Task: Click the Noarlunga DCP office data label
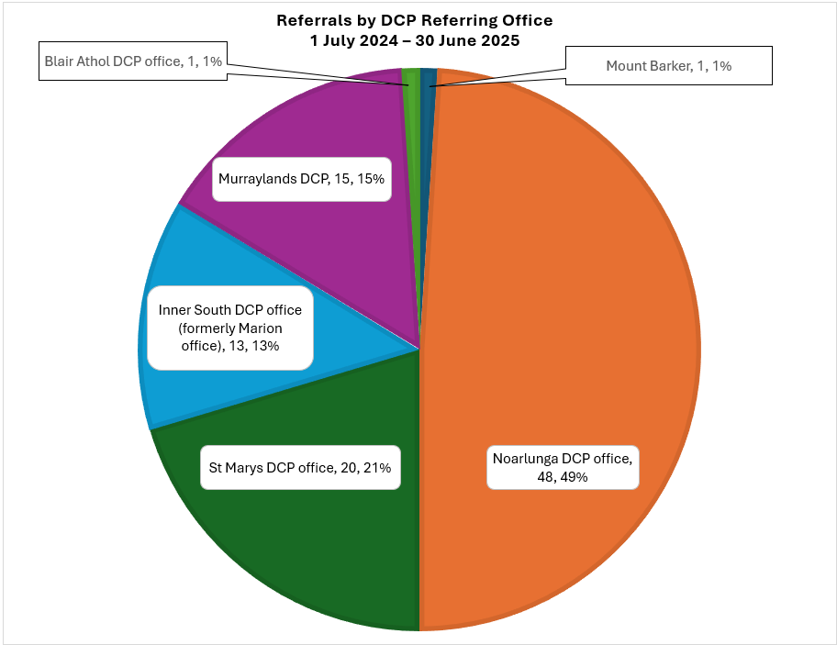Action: [x=562, y=466]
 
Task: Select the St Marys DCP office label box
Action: [x=299, y=468]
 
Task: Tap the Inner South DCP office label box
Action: [x=230, y=328]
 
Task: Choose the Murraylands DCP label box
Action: [x=302, y=180]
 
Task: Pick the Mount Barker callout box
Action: [x=668, y=66]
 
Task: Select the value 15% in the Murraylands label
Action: [x=370, y=180]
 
